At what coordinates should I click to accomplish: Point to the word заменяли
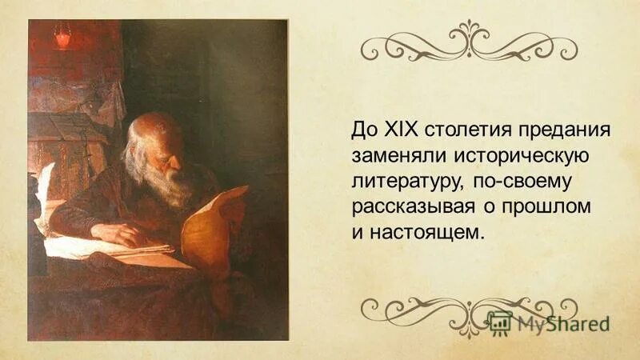[389, 155]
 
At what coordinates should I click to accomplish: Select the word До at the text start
[361, 130]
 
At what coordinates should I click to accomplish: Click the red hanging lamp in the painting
[62, 36]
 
